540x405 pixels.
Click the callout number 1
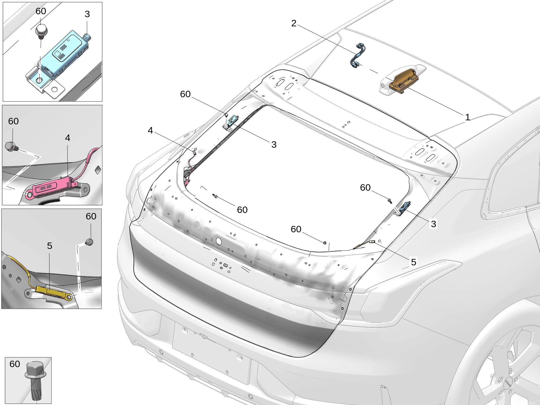pyautogui.click(x=467, y=117)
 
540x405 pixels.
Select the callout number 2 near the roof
pyautogui.click(x=294, y=23)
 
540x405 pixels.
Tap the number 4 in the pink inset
pyautogui.click(x=67, y=138)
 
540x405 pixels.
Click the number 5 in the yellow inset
pyautogui.click(x=49, y=246)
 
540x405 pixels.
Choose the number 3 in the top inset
pyautogui.click(x=87, y=14)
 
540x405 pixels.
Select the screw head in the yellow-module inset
pyautogui.click(x=89, y=242)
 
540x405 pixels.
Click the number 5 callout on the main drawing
pyautogui.click(x=413, y=262)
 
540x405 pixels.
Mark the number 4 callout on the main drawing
pyautogui.click(x=150, y=130)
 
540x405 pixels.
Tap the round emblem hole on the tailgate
pyautogui.click(x=219, y=241)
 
